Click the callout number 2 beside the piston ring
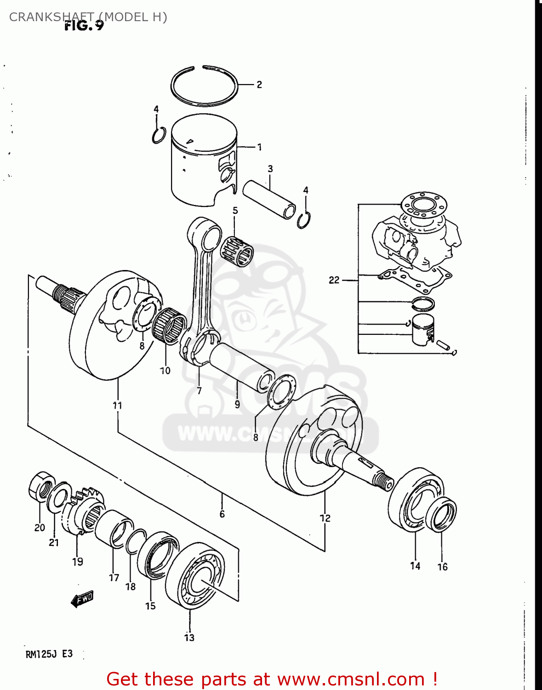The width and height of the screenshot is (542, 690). click(259, 85)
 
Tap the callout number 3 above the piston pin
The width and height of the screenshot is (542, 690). click(270, 169)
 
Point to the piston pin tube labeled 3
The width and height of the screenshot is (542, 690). click(269, 200)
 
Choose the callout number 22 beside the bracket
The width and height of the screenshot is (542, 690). click(334, 280)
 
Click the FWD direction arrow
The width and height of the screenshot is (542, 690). click(82, 598)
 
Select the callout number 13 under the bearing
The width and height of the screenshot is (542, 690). click(189, 638)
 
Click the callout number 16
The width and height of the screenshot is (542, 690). click(442, 567)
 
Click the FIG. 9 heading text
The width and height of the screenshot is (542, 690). click(84, 26)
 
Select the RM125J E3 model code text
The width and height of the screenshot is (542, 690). click(49, 654)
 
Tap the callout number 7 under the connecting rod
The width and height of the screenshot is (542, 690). click(199, 391)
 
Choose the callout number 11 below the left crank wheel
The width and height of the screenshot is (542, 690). click(118, 405)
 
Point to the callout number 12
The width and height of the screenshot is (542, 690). click(325, 518)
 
